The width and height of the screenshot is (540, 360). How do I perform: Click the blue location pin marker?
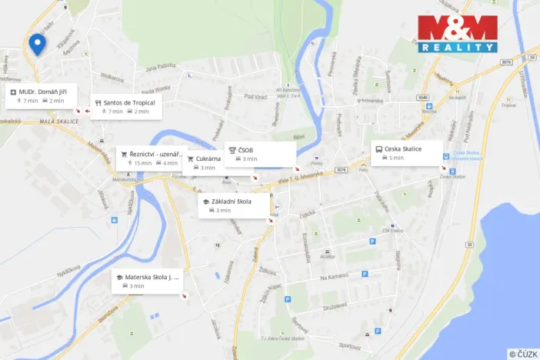pos(36,45)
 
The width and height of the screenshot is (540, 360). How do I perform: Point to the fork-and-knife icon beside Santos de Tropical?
pos(98,102)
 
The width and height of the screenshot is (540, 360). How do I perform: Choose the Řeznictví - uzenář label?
pos(158,154)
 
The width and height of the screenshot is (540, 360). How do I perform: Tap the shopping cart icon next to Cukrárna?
pos(190,158)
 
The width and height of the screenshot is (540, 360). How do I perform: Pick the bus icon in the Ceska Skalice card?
pos(378,148)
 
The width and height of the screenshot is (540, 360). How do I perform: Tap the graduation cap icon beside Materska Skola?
pos(119,277)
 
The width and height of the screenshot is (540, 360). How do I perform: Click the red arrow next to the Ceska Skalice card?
pos(443,168)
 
